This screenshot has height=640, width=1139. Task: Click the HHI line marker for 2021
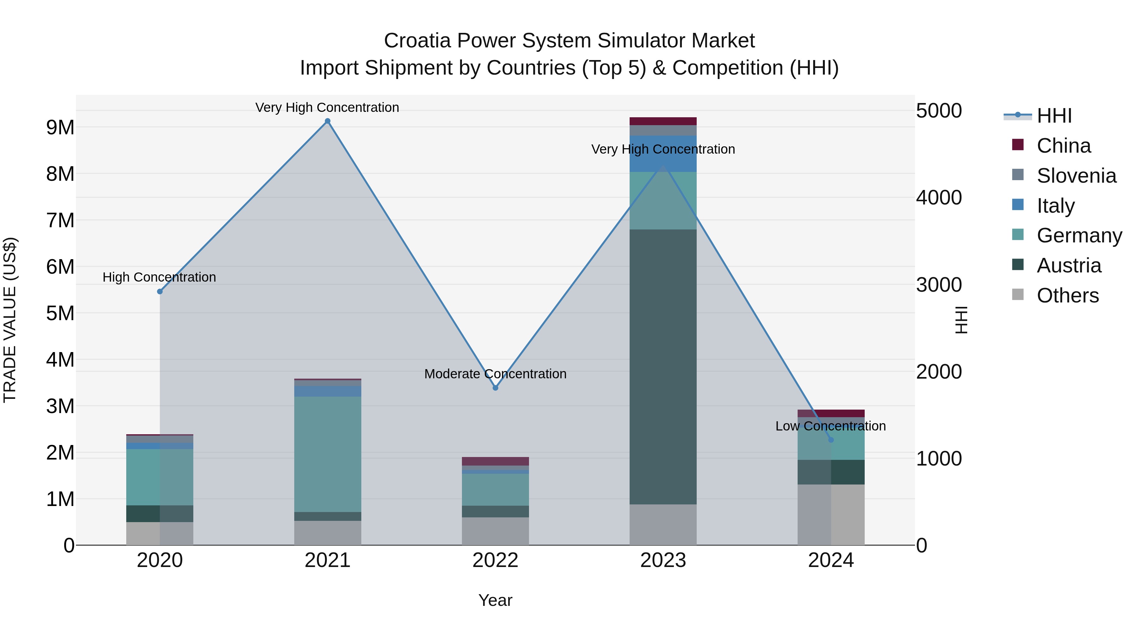click(x=328, y=121)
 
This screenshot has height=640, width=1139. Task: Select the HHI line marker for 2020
click(x=160, y=291)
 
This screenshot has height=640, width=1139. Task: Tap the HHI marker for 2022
click(x=495, y=388)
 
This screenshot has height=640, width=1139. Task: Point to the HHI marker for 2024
click(x=831, y=440)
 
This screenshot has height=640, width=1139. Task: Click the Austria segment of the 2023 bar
click(x=663, y=367)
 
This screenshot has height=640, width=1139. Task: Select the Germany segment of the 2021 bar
click(x=328, y=454)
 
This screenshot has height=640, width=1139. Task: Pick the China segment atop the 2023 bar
click(x=663, y=121)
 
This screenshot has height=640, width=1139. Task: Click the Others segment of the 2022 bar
click(x=495, y=531)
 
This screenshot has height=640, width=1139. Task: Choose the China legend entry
click(x=1063, y=146)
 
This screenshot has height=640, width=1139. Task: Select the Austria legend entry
click(x=1069, y=265)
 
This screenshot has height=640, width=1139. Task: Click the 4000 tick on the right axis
click(x=939, y=198)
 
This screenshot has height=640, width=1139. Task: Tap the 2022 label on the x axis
click(x=495, y=560)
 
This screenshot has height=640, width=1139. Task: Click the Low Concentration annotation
click(x=831, y=426)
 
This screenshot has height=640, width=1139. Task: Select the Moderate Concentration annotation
click(x=495, y=374)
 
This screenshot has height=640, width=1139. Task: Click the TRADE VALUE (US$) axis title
click(x=10, y=320)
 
